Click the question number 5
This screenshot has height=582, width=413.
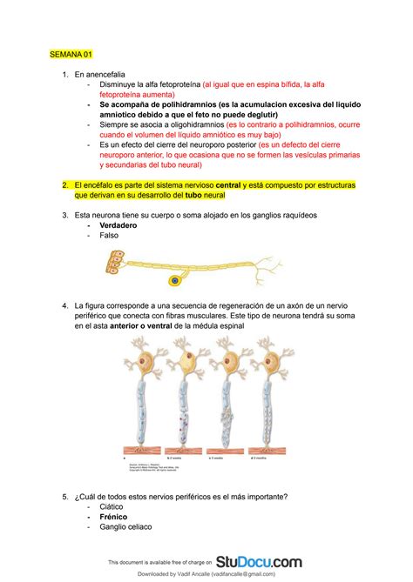coord(65,497)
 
